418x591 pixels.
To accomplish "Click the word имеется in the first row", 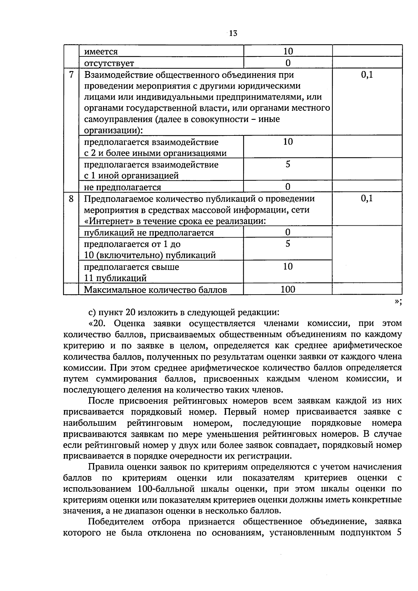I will coord(101,52).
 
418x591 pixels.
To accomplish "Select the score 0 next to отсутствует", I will coord(288,63).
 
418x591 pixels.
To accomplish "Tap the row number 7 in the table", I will coord(71,75).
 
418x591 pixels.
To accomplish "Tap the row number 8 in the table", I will coord(71,199).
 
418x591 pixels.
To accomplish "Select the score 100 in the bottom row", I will coord(288,289).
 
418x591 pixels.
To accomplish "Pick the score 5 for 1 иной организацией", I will coord(288,164).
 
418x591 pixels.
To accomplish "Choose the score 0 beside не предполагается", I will coord(288,187).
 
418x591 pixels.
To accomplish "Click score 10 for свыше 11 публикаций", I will coord(288,267).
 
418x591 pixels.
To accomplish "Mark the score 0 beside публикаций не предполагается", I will coord(288,232).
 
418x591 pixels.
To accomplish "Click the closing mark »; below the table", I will coord(398,302).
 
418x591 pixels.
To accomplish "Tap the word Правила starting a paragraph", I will coord(105,467).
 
